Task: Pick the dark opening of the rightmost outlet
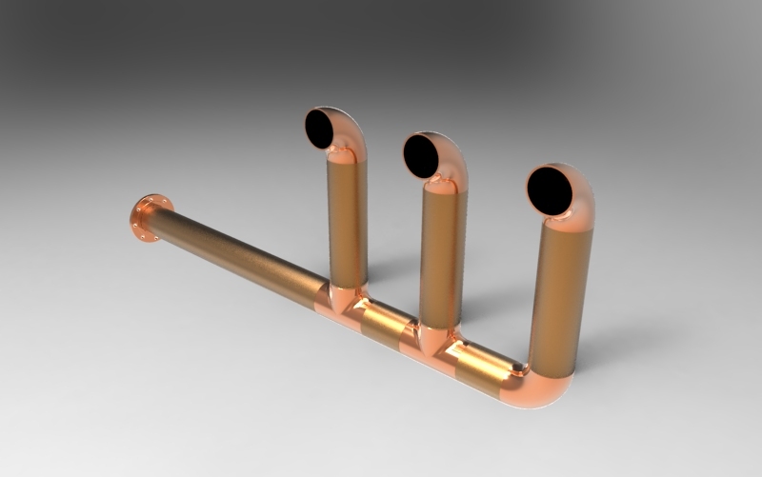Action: click(551, 190)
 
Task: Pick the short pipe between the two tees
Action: click(385, 321)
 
